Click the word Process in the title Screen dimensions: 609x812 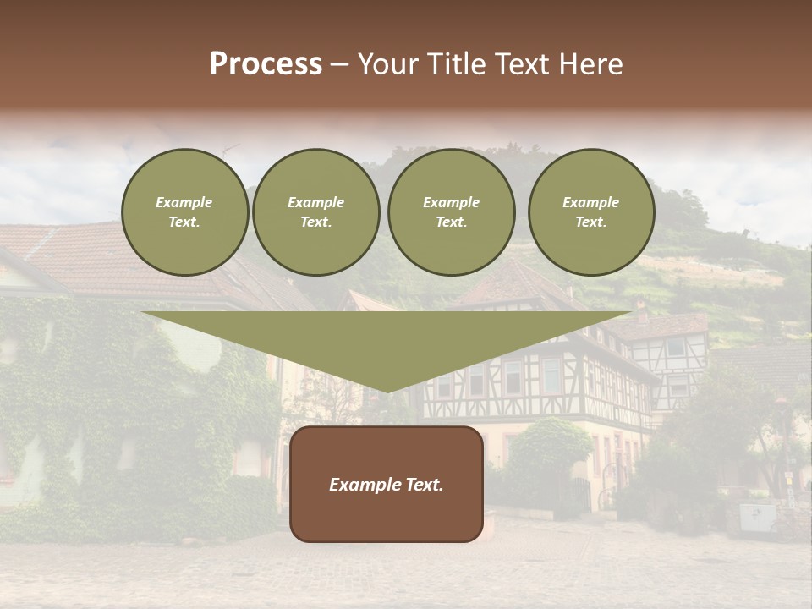(x=266, y=64)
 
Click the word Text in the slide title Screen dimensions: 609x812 (x=525, y=64)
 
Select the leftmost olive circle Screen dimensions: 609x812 (x=184, y=212)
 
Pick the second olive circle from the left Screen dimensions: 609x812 (x=316, y=212)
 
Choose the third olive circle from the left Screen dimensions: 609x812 (x=452, y=212)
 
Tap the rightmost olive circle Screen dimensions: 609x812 (x=591, y=212)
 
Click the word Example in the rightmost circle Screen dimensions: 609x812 (x=590, y=202)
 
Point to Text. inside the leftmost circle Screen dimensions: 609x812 (x=184, y=222)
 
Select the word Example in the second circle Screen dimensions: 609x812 (x=315, y=202)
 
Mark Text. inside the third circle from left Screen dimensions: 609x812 (x=452, y=222)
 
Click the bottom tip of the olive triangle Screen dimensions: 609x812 (x=387, y=390)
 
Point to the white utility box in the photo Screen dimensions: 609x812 (x=757, y=517)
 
